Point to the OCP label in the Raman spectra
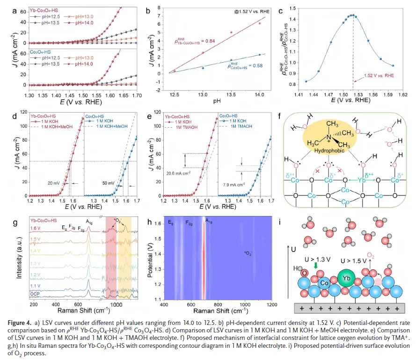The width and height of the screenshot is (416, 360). [35, 295]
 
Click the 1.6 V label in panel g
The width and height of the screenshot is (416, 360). [36, 229]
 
